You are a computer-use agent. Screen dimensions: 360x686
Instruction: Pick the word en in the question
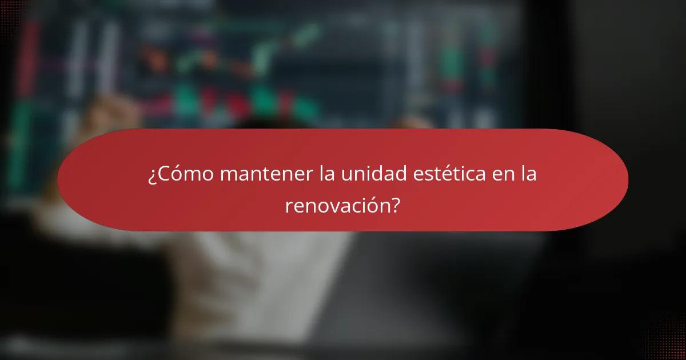[502, 175]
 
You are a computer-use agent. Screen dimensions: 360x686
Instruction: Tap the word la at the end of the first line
[529, 175]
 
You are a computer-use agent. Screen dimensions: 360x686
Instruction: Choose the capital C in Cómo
[164, 175]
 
